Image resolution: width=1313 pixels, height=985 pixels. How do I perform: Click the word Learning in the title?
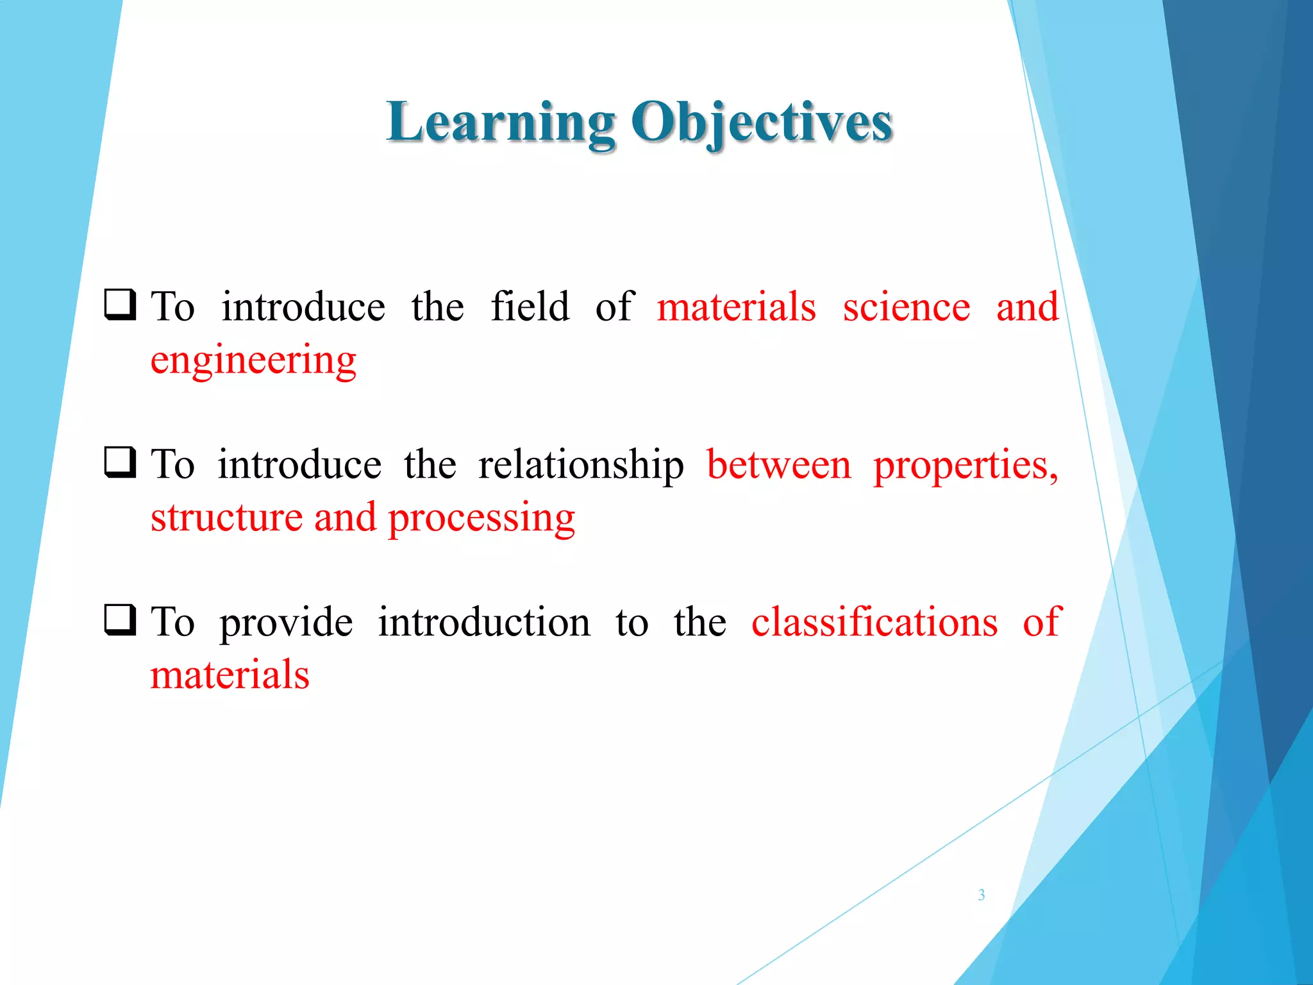click(x=501, y=123)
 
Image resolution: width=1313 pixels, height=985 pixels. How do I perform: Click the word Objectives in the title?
click(x=762, y=123)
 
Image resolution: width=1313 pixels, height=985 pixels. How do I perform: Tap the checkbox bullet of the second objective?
click(x=120, y=462)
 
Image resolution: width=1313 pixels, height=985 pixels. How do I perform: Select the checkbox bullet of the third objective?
click(x=120, y=619)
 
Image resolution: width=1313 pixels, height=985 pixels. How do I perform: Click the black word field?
click(x=530, y=307)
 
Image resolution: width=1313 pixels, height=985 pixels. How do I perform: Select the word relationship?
click(x=581, y=466)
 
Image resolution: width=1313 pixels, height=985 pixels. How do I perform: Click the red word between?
click(x=778, y=466)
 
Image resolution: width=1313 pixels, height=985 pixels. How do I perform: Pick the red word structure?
click(x=226, y=518)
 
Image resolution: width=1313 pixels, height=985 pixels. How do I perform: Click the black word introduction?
click(x=484, y=622)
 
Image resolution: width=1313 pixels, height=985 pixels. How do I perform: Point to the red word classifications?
click(x=874, y=622)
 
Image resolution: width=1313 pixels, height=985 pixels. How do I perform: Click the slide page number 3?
click(x=981, y=895)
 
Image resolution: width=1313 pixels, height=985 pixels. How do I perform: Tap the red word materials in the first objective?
click(x=737, y=307)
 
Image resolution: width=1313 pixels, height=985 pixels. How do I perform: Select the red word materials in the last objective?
click(x=230, y=675)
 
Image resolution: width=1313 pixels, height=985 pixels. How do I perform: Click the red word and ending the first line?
click(x=1027, y=307)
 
